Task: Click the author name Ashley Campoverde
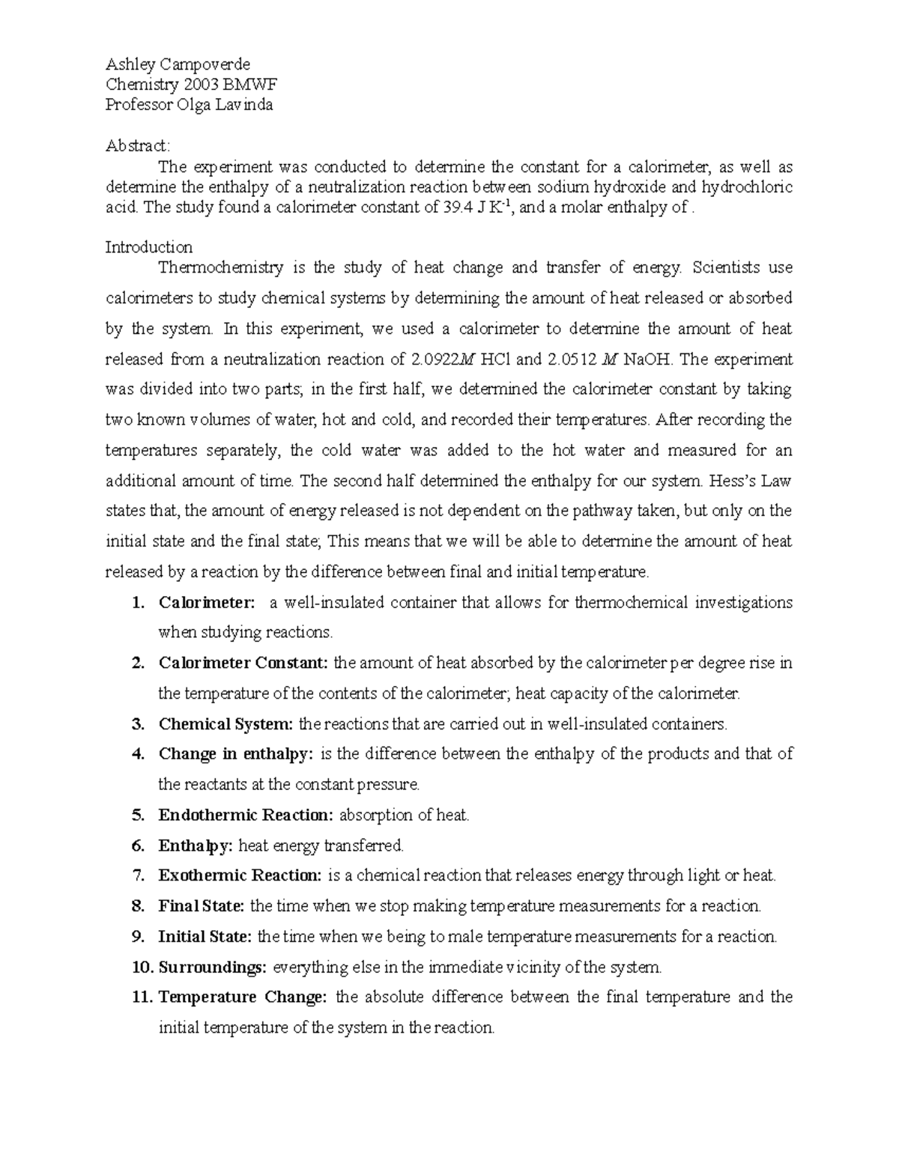[178, 64]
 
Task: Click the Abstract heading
[138, 145]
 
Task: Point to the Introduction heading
[148, 247]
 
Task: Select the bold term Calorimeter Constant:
[243, 663]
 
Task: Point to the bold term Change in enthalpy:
[235, 754]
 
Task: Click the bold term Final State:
[201, 906]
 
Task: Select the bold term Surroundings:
[212, 968]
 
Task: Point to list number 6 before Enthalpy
[137, 845]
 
